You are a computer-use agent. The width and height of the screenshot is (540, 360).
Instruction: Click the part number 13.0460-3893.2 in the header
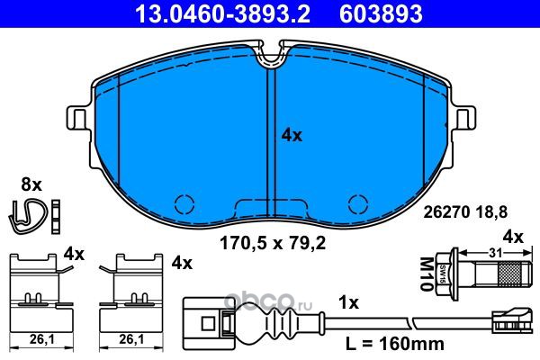[x=223, y=13]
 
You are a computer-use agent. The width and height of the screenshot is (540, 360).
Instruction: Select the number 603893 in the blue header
[x=381, y=13]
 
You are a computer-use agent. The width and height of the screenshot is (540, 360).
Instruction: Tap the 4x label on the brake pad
[x=292, y=135]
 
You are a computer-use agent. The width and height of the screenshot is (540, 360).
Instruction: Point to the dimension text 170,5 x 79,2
[x=273, y=244]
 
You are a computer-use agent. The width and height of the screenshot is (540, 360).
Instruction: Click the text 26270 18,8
[x=465, y=212]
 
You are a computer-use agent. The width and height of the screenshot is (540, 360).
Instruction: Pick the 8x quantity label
[x=31, y=185]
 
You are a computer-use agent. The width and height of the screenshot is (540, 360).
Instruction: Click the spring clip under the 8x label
[x=27, y=216]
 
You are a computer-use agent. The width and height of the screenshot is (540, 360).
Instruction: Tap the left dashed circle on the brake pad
[x=184, y=204]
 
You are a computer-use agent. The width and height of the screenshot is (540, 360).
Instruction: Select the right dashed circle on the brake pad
[x=358, y=204]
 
